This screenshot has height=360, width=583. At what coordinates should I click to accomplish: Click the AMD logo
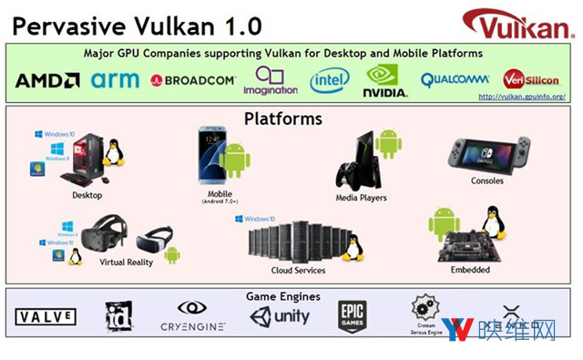click(47, 80)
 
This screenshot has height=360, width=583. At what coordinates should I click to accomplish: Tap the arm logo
click(116, 79)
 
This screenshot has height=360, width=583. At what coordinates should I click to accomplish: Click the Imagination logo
click(270, 80)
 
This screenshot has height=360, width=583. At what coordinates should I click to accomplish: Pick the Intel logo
click(329, 80)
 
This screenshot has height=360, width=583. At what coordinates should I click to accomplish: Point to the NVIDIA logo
click(384, 80)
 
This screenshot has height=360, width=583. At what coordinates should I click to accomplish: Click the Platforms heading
click(282, 118)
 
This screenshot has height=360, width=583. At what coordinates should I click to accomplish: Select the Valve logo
click(46, 317)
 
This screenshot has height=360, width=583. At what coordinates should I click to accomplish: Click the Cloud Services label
click(298, 270)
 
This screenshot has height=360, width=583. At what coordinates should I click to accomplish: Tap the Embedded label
click(470, 270)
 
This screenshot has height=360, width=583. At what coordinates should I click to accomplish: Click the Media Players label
click(361, 197)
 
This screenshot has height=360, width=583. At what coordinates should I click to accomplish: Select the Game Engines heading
click(283, 296)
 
